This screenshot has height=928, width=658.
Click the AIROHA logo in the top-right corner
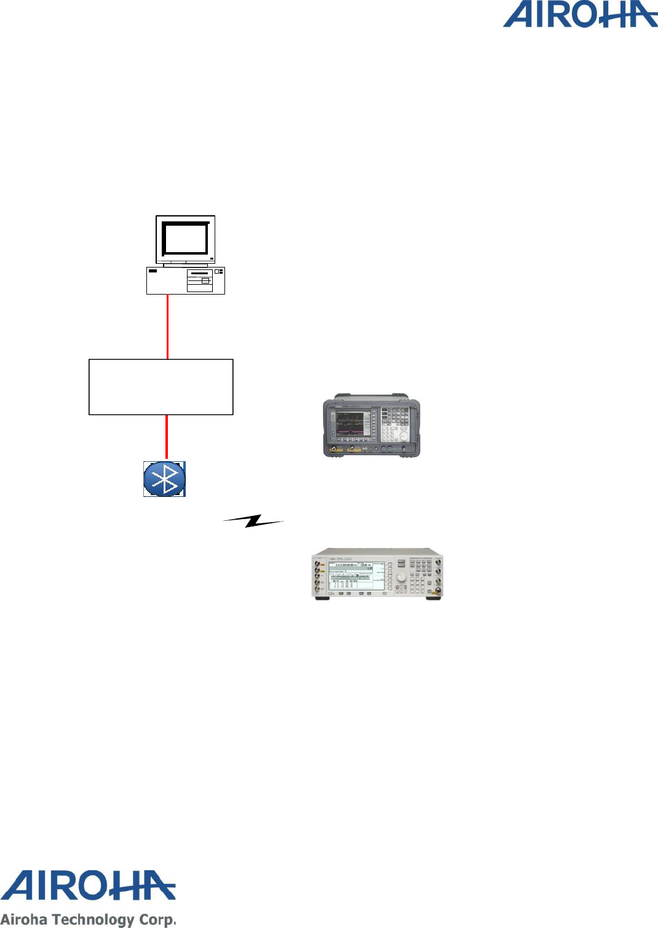tap(580, 15)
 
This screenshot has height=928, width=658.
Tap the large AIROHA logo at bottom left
tap(88, 886)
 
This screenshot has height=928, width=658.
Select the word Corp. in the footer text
tap(158, 919)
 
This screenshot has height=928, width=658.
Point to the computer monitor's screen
tap(184, 238)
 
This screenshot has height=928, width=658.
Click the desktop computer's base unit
tap(185, 280)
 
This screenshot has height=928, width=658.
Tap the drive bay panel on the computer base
tap(200, 280)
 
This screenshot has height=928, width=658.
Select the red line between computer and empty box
tap(168, 326)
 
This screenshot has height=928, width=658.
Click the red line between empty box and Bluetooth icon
tap(166, 437)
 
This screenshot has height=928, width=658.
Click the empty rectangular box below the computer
tap(161, 387)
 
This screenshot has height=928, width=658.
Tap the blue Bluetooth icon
tap(164, 478)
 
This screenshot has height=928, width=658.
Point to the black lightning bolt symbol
tap(253, 521)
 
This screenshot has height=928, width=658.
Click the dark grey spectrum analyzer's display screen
tap(352, 424)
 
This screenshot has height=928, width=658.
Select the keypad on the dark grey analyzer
tap(394, 423)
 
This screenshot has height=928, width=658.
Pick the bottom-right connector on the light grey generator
tap(437, 591)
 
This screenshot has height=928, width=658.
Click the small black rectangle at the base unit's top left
tap(153, 271)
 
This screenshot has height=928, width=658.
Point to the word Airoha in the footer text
tap(24, 919)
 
